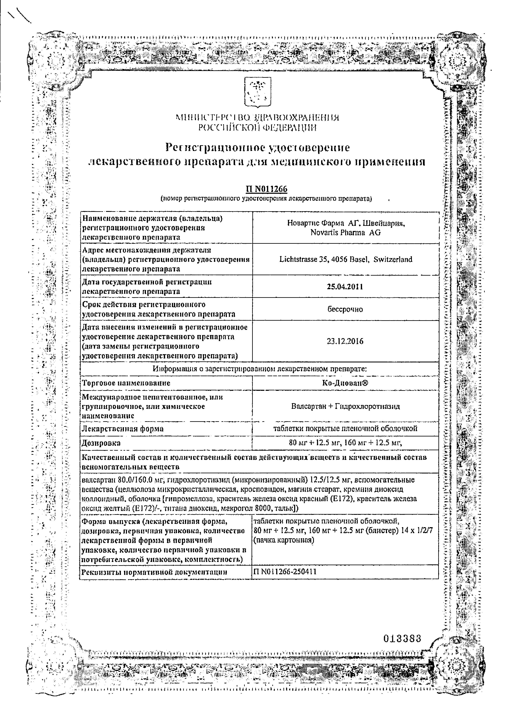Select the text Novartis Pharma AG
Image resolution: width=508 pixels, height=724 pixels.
(345, 232)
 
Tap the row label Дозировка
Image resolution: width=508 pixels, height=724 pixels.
(101, 443)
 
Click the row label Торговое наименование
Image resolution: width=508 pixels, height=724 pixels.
(126, 383)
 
